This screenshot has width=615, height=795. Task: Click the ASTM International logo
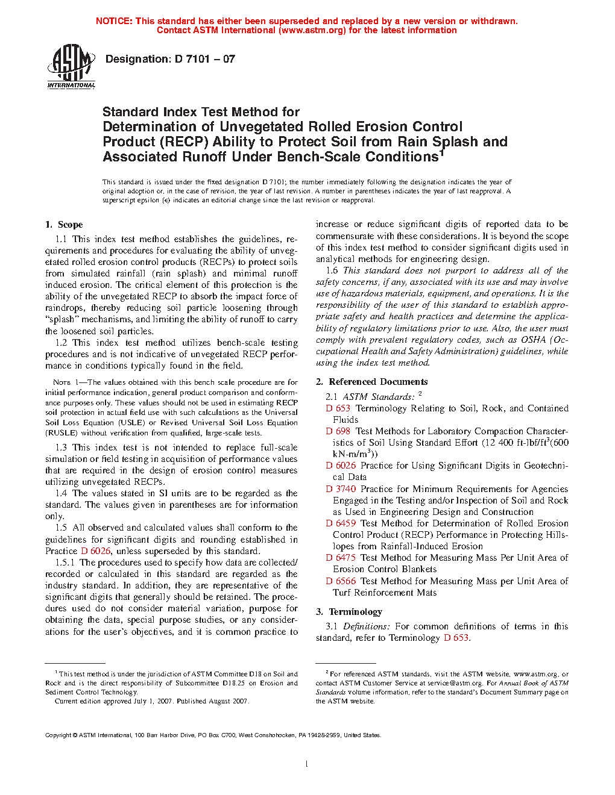point(71,66)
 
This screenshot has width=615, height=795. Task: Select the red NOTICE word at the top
point(114,21)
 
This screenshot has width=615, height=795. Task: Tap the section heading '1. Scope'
point(64,225)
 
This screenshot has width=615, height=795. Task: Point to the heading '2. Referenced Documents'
point(371,382)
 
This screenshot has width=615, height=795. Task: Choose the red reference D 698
point(338,431)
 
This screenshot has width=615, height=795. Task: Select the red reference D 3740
point(341,489)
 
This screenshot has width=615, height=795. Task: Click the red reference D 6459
point(341,523)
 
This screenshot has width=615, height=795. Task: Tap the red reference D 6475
point(341,558)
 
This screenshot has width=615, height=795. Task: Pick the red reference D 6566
point(341,581)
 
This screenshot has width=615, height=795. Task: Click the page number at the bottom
point(307,764)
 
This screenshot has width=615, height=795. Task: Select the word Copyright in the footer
point(58,735)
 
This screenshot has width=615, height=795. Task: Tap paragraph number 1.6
point(332,270)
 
